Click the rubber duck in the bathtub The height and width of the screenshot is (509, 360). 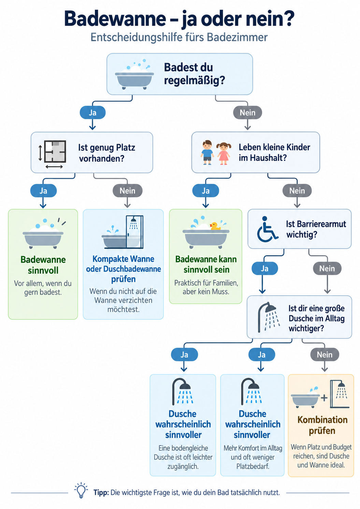(x=215, y=226)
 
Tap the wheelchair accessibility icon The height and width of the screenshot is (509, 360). (x=267, y=229)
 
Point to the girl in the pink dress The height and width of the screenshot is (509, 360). (x=224, y=153)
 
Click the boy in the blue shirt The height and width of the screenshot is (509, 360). (x=207, y=153)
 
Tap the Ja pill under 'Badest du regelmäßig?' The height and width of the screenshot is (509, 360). (x=92, y=112)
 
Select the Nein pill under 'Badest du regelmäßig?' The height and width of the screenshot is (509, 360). (x=248, y=112)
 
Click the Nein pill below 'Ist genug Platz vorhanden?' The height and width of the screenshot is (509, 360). (x=127, y=190)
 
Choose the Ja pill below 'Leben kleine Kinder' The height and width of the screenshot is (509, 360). (x=205, y=190)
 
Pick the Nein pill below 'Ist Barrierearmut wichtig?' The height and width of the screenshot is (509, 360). (x=327, y=268)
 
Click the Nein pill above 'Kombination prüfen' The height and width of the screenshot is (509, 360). (x=325, y=354)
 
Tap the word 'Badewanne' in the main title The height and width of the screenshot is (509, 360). (x=115, y=19)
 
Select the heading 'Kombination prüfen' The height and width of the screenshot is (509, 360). (x=322, y=425)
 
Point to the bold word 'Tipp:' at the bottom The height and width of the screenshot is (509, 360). (x=101, y=492)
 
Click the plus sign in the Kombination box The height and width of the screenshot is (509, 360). (x=324, y=398)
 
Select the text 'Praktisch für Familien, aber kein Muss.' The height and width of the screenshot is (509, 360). (x=206, y=287)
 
